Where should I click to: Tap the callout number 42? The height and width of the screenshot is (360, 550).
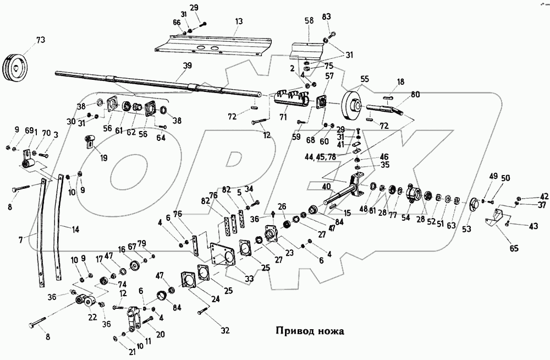543,195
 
